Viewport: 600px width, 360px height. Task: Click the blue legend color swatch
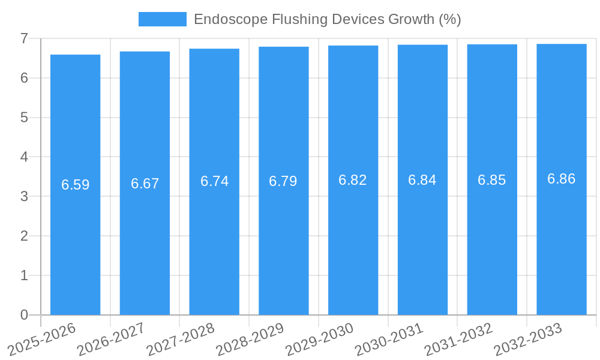pos(162,19)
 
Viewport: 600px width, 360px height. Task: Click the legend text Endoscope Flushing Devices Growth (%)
pos(327,19)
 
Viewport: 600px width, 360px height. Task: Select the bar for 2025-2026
pos(75,240)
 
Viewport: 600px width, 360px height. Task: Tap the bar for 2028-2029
pos(284,240)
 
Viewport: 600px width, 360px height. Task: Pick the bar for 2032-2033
pos(562,240)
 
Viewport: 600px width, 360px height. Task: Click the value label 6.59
pos(75,185)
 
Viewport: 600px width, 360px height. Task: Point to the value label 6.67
pos(145,184)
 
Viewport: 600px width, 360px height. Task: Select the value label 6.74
pos(214,182)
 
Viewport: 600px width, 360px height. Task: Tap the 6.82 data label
pos(353,180)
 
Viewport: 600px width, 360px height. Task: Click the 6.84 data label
pos(422,180)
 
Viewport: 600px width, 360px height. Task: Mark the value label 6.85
pos(492,180)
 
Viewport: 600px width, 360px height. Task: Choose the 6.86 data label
pos(562,179)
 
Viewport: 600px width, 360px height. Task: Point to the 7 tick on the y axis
pos(24,38)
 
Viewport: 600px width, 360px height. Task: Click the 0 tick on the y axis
pos(24,315)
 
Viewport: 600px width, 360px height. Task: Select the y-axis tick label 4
pos(24,157)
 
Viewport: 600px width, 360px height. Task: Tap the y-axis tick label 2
pos(24,236)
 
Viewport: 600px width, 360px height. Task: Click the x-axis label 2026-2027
pos(112,338)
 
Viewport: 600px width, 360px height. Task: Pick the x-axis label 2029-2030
pos(320,338)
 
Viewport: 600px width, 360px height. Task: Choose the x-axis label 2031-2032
pos(459,338)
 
